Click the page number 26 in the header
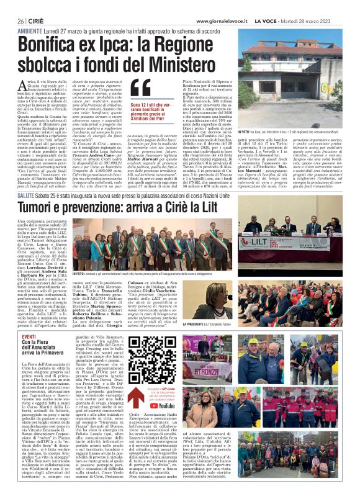[20, 20]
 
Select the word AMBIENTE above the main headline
[30, 30]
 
